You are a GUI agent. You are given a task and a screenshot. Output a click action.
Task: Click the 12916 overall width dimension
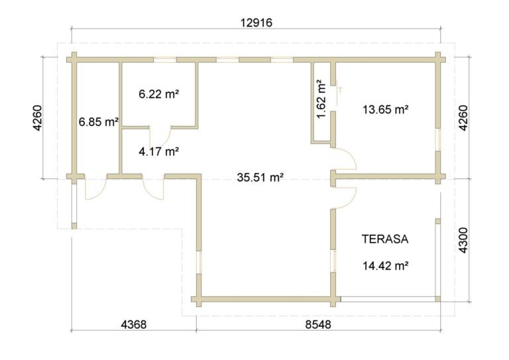coord(256,23)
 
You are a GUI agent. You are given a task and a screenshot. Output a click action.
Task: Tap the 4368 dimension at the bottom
coord(134,324)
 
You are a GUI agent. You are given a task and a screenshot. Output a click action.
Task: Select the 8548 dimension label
coord(318,324)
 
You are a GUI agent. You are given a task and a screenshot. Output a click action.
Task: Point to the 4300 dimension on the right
coord(463,240)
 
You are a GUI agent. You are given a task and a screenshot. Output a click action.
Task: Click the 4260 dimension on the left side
coord(38,118)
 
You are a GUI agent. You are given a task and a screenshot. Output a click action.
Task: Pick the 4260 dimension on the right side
coord(463,118)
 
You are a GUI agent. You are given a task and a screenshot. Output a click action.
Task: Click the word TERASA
coord(385,239)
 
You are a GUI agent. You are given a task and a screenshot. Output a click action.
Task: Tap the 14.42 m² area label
coord(385,266)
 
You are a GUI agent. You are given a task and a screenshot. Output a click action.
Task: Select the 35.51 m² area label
coord(260,178)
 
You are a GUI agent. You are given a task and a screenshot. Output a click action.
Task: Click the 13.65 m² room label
coord(385,109)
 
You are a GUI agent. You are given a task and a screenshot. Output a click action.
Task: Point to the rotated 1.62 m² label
coord(321,99)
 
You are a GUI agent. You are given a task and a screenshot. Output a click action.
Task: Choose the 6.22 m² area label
coord(159,94)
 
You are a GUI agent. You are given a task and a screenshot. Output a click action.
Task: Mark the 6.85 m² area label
coord(99,122)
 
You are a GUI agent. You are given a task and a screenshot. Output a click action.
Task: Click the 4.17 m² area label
coord(159,151)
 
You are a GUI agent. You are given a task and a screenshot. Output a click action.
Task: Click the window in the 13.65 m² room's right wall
coord(438,140)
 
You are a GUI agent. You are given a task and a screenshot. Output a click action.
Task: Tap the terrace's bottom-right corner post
coord(437,298)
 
